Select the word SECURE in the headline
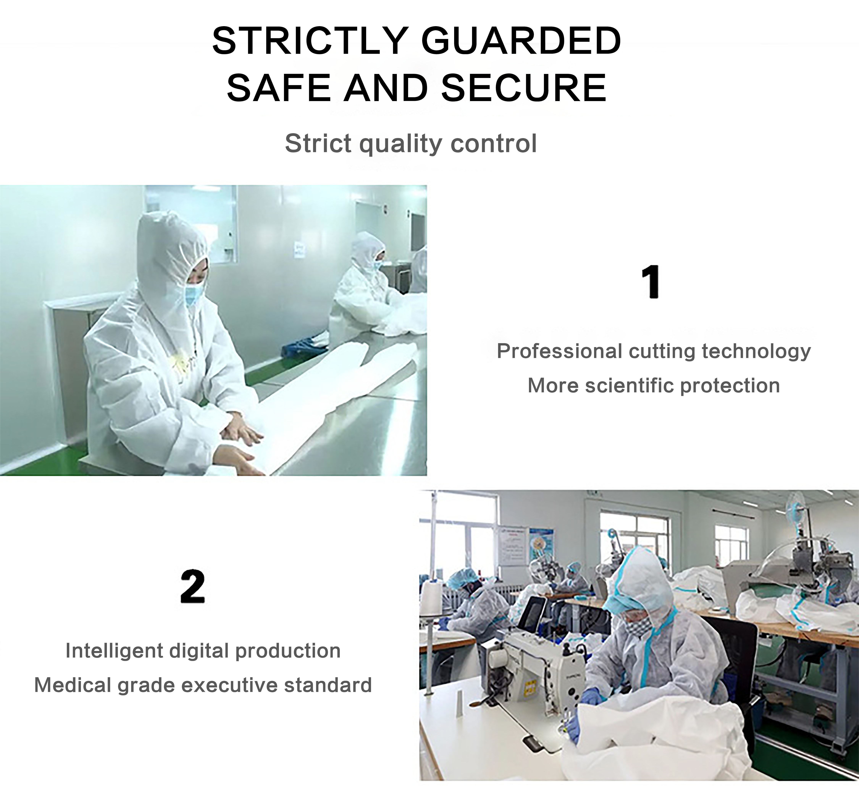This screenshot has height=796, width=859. coord(524,88)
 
